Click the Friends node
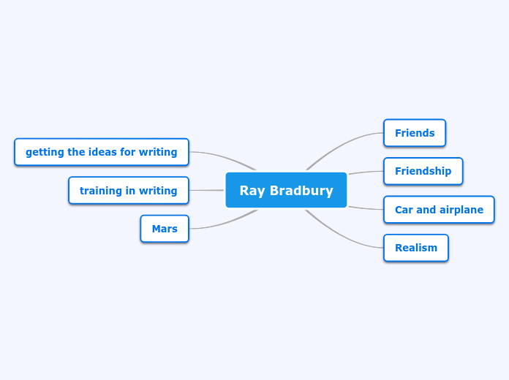pos(415,133)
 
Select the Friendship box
pos(423,171)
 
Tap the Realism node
pos(415,248)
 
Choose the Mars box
pos(165,229)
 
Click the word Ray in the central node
pos(252,191)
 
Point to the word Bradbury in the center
pos(301,191)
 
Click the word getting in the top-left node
pos(45,153)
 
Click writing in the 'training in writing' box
pos(158,191)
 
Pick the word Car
pos(404,210)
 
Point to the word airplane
pos(461,210)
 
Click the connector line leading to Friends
pos(344,144)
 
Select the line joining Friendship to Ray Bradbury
pos(366,172)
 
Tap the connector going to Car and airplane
pos(366,209)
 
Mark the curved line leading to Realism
pos(344,237)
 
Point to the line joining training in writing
pos(206,191)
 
